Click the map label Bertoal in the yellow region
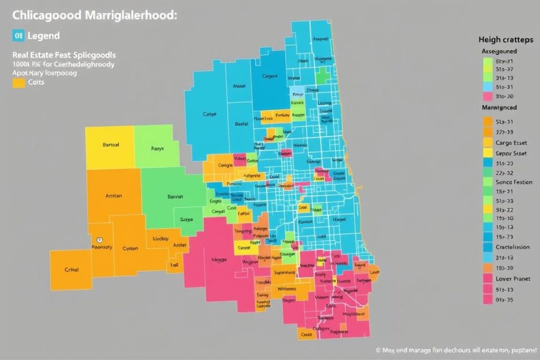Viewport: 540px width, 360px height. (111, 144)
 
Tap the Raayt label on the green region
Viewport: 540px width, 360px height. (158, 149)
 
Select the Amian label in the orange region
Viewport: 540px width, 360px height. (113, 196)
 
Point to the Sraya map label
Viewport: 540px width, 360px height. (187, 219)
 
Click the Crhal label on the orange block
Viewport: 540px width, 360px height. (71, 269)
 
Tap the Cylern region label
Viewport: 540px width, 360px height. (130, 248)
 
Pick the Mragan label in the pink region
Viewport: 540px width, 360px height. (218, 259)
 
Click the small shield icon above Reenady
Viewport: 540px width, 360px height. (106, 240)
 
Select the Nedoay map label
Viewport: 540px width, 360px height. (160, 238)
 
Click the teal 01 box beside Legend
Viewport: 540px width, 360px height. (18, 36)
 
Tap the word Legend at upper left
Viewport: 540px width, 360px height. (44, 36)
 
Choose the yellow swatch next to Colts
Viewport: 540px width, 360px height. (18, 82)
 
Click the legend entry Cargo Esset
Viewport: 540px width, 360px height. (510, 142)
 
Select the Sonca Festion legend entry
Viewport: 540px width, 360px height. (514, 182)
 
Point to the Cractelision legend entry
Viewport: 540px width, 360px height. (513, 247)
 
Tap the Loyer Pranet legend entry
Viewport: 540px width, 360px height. (513, 279)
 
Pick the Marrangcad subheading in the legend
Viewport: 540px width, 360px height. (499, 107)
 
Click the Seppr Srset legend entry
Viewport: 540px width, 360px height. (511, 153)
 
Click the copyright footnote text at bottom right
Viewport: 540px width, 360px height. (456, 349)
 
